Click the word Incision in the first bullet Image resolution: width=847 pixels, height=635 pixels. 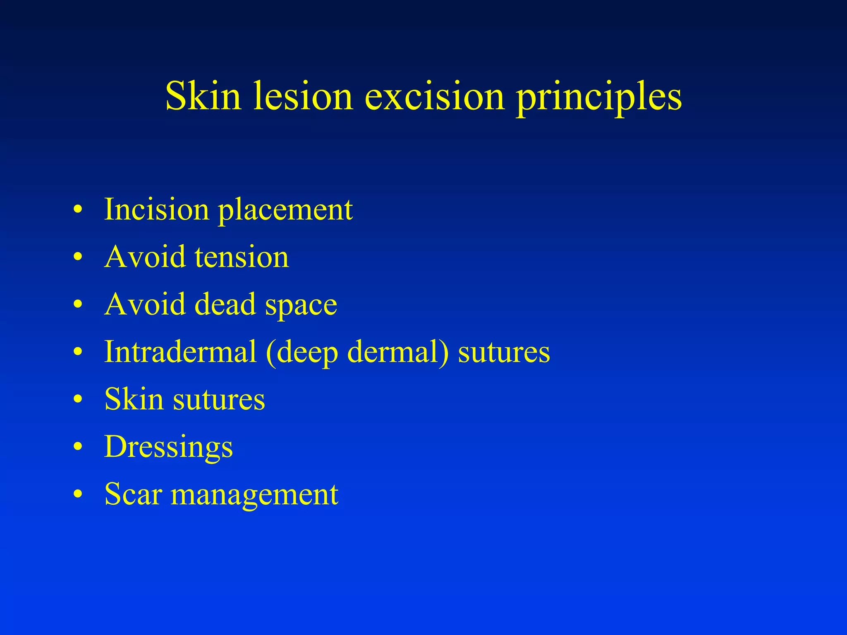pyautogui.click(x=156, y=209)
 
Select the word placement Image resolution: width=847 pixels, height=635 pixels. pyautogui.click(x=285, y=211)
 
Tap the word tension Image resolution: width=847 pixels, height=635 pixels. pyautogui.click(x=242, y=257)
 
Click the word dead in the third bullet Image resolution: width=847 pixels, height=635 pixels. pyautogui.click(x=225, y=304)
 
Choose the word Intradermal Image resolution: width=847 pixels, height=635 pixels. pyautogui.click(x=180, y=352)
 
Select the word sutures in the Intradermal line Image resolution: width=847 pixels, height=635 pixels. pyautogui.click(x=504, y=353)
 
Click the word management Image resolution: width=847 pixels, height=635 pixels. pyautogui.click(x=255, y=496)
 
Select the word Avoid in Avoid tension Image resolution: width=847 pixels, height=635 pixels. pyautogui.click(x=145, y=257)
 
